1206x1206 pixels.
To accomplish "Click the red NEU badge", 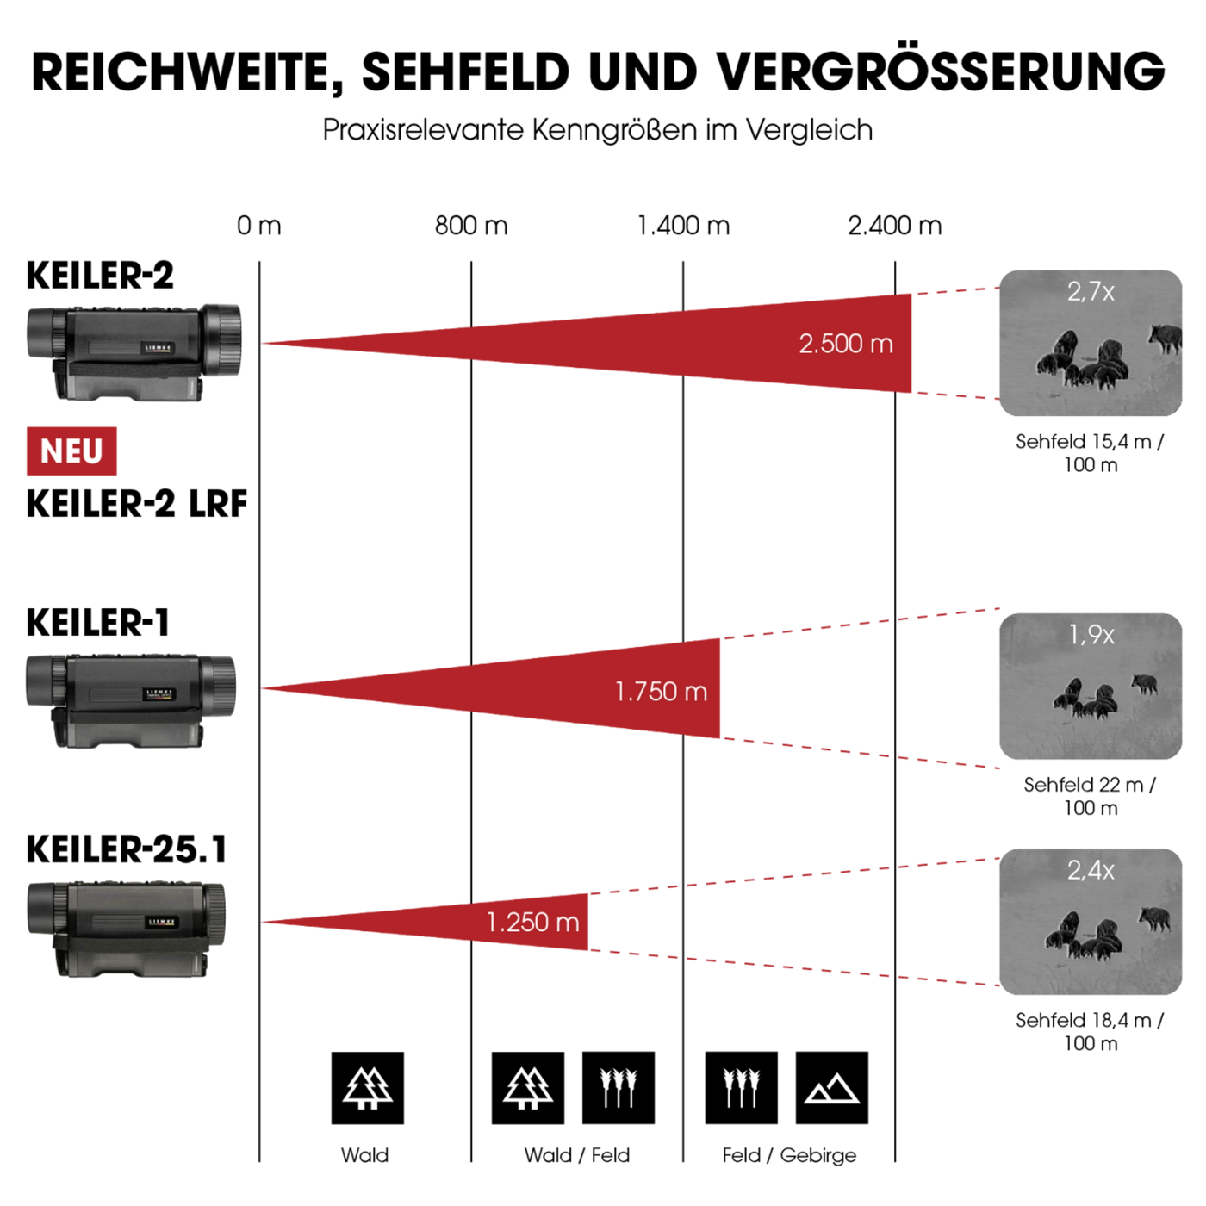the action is tap(71, 451).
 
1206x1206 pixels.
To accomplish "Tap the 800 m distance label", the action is tap(470, 226).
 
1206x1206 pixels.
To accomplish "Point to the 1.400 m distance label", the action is tap(683, 226).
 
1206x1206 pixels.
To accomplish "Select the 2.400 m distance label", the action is tap(894, 226).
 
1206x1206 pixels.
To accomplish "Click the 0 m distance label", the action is tap(259, 226).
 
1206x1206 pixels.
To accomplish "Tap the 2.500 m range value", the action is tap(846, 344).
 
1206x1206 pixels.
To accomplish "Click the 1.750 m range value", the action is tap(661, 692).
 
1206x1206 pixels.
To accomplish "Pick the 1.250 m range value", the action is tap(532, 922).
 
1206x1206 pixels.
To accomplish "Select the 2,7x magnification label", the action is tap(1091, 292).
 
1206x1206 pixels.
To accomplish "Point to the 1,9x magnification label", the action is tap(1091, 635).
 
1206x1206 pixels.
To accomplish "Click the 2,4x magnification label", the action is tap(1091, 870).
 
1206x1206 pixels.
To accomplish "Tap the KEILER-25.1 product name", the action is tap(126, 849).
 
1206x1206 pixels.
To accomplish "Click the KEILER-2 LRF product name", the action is tap(137, 504).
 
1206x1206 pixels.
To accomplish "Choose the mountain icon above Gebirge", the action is tap(832, 1088).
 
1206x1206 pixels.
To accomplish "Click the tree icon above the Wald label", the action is tap(367, 1088).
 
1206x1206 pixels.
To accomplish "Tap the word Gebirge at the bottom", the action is tap(818, 1155).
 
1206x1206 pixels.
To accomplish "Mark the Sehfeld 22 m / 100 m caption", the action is tap(1091, 796).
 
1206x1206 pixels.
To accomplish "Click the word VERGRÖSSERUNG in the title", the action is tap(941, 71).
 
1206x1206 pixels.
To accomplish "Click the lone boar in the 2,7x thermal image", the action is tap(1164, 338).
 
